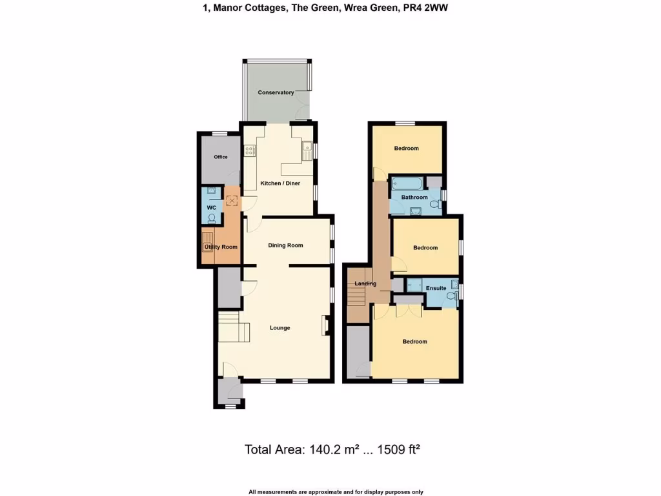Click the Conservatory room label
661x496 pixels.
(276, 93)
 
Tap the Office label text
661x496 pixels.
(221, 157)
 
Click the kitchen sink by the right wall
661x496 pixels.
(306, 150)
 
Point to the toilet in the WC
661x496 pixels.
(211, 218)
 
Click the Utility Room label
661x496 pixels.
(221, 247)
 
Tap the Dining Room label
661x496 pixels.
(285, 245)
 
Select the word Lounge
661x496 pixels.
(280, 328)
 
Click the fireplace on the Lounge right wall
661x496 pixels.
(325, 325)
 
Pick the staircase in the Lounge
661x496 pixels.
(233, 329)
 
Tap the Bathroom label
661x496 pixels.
(414, 197)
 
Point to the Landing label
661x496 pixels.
(365, 284)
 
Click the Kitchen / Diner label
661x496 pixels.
(280, 183)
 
